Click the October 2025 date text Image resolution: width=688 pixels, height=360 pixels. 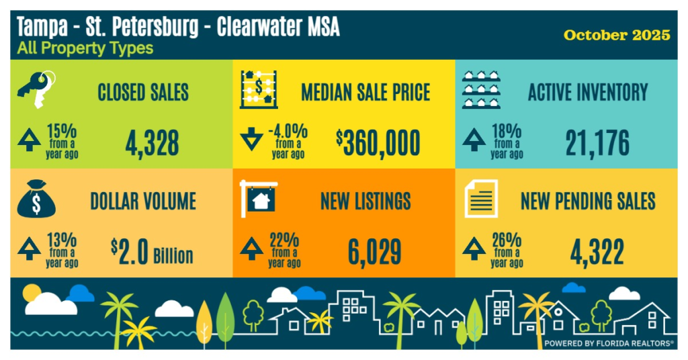point(617,35)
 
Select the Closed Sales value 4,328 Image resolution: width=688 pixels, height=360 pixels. point(152,143)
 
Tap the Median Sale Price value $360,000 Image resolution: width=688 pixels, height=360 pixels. point(378,142)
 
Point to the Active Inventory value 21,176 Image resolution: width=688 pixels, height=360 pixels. point(597,143)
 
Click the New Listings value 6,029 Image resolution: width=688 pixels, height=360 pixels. point(374,252)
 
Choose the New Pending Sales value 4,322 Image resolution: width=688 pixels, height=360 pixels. point(597,252)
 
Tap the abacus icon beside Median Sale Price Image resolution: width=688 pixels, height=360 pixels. point(259,91)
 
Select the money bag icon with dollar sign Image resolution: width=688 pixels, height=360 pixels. point(34,201)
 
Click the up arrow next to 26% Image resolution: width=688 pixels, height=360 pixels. point(474,249)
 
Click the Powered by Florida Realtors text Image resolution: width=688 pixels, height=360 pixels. point(609,343)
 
